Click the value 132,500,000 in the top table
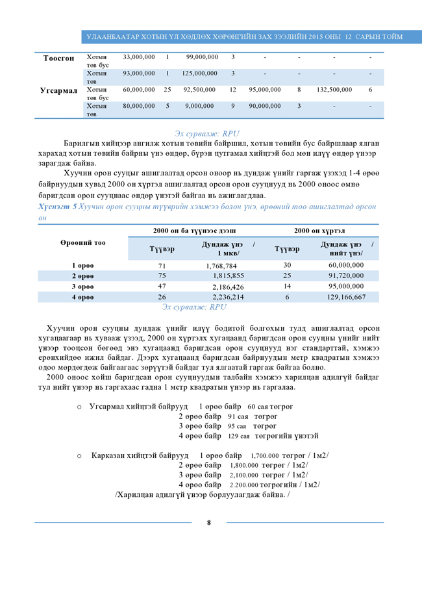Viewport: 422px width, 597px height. pyautogui.click(x=334, y=90)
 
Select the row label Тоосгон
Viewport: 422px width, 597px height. pyautogui.click(x=58, y=58)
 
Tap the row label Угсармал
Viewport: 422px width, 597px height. pyautogui.click(x=58, y=90)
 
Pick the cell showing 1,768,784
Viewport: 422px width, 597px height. pyautogui.click(x=225, y=266)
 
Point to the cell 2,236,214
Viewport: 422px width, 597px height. pyautogui.click(x=228, y=297)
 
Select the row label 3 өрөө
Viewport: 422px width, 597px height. pyautogui.click(x=82, y=286)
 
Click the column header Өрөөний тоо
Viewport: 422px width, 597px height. pyautogui.click(x=82, y=242)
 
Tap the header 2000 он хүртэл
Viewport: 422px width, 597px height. pyautogui.click(x=319, y=231)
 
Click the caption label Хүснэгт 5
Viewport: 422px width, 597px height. pyautogui.click(x=57, y=206)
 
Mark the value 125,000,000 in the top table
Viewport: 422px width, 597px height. pyautogui.click(x=199, y=73)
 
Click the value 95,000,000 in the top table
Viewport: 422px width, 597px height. pyautogui.click(x=264, y=90)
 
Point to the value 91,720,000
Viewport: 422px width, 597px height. pyautogui.click(x=346, y=276)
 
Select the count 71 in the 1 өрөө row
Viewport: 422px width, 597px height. pyautogui.click(x=162, y=266)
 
